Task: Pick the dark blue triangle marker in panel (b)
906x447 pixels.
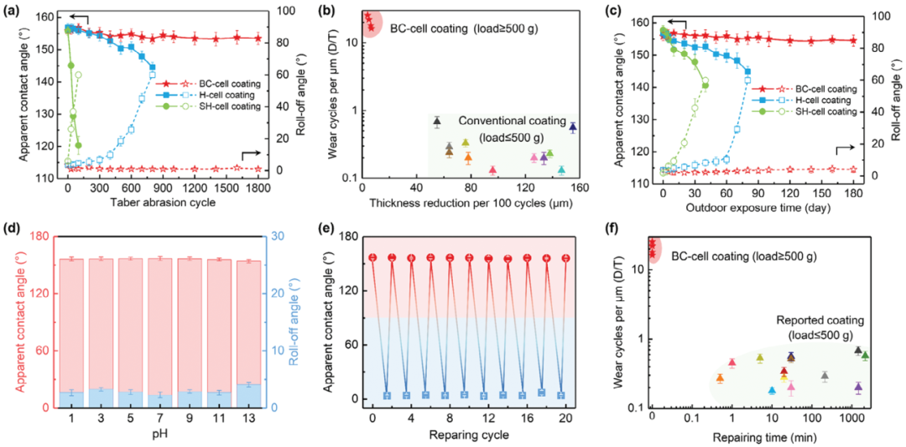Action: coord(573,127)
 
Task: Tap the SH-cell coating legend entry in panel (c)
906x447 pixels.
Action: coord(825,112)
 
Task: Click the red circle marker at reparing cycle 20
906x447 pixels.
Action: coord(565,258)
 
